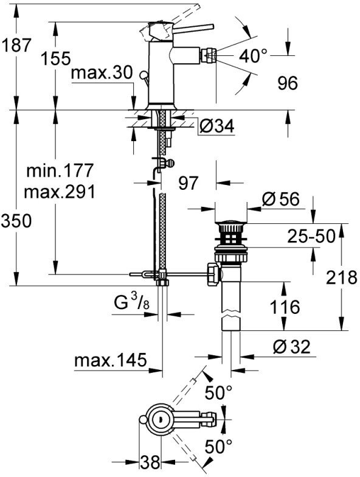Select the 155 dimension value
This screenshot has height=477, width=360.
56,59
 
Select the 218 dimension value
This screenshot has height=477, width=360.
339,278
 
